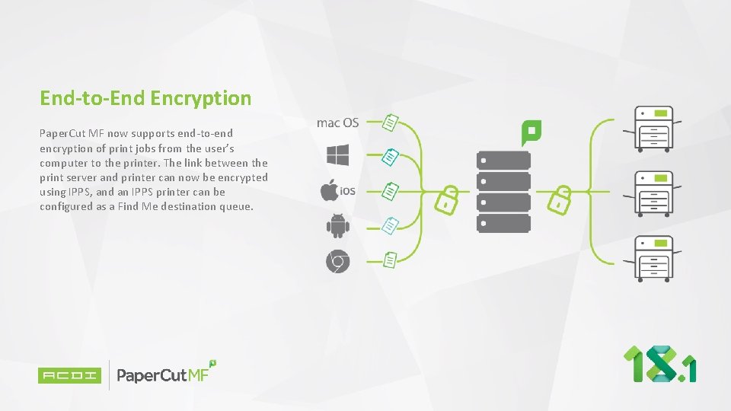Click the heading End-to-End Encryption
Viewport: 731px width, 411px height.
click(145, 98)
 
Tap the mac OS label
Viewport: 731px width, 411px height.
click(337, 123)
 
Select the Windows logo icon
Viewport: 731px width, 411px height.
click(337, 155)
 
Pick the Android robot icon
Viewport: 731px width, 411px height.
click(337, 225)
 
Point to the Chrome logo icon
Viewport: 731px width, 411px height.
click(337, 262)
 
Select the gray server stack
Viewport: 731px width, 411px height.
click(503, 191)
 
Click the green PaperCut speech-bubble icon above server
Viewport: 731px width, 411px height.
click(531, 132)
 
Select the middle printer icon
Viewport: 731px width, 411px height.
click(654, 193)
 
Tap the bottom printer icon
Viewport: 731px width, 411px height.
click(654, 257)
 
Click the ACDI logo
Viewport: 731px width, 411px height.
click(69, 374)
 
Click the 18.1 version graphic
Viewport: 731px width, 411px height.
click(659, 364)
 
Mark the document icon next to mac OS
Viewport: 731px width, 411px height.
click(390, 122)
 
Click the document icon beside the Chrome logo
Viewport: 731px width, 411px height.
click(390, 260)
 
